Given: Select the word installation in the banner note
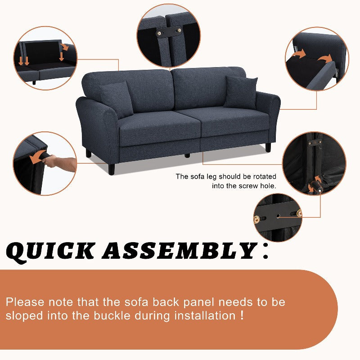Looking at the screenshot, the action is click(205, 316).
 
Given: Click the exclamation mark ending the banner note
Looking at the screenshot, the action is click(242, 315).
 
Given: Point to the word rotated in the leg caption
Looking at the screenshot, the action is click(265, 176).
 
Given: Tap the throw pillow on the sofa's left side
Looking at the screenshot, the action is click(117, 99).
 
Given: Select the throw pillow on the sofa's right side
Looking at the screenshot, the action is click(241, 92).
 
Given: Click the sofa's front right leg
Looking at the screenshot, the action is click(268, 147).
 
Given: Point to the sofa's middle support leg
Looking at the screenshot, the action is click(187, 155).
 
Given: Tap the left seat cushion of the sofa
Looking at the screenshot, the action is click(160, 129).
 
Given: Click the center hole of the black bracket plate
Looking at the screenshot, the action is click(278, 216).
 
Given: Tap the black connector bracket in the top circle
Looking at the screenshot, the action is click(169, 31).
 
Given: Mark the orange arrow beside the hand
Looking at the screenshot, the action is click(37, 157).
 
